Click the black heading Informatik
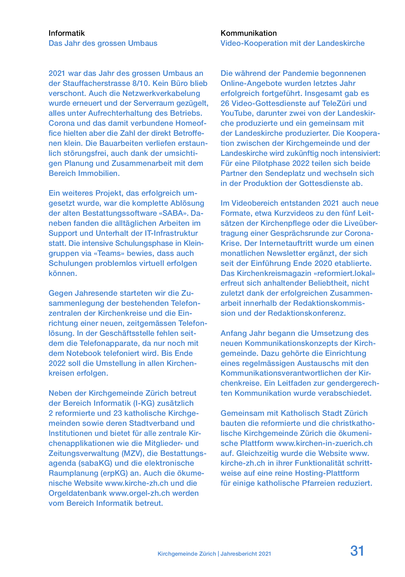[67, 33]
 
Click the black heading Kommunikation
[249, 33]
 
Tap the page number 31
[357, 551]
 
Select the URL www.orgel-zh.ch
[140, 493]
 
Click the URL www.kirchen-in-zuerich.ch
[324, 443]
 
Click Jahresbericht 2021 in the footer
[246, 554]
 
